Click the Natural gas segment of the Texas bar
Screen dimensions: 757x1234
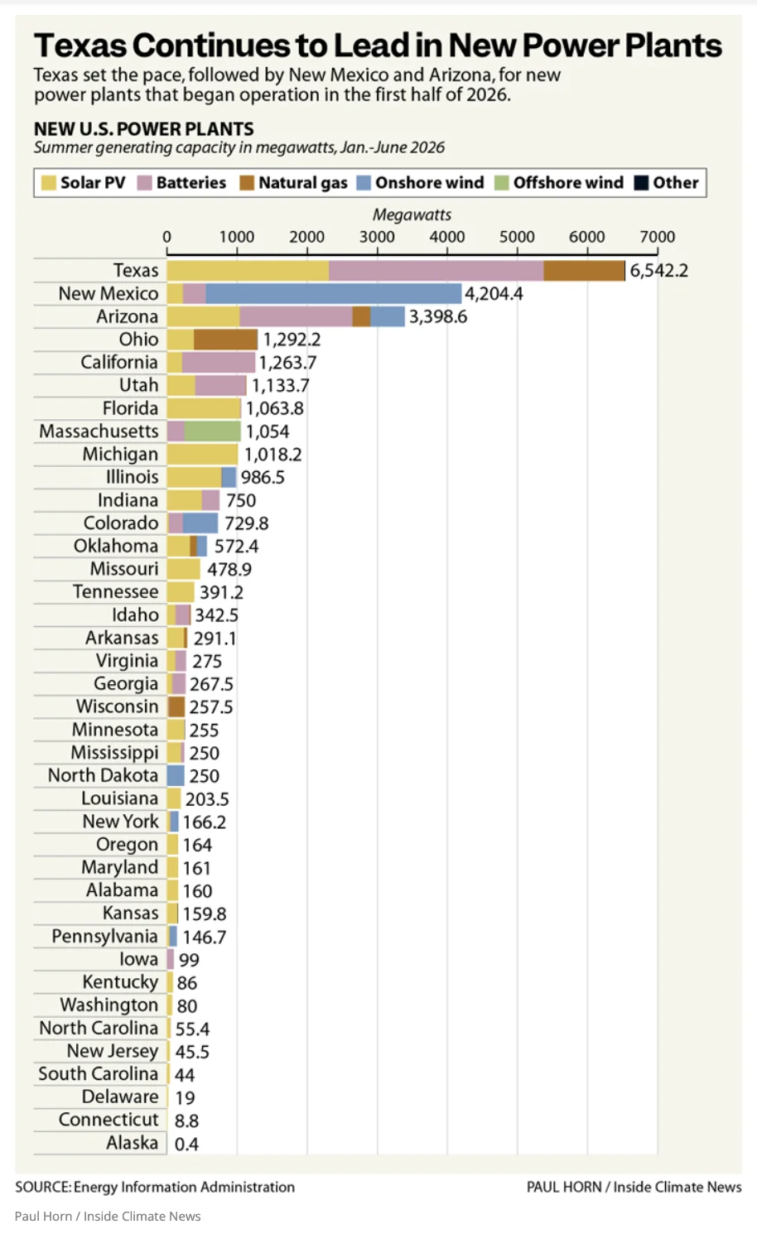(x=584, y=271)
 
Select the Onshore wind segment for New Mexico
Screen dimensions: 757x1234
(x=333, y=294)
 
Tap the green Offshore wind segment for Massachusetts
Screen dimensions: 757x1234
(x=212, y=431)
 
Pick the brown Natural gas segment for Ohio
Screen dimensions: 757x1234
(x=225, y=340)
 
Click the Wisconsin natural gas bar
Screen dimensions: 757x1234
(x=176, y=706)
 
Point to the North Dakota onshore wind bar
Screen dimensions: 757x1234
(x=176, y=775)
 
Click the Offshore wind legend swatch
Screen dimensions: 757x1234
(x=501, y=183)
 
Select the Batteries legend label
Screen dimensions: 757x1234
(x=191, y=183)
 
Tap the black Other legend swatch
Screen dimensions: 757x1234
(x=641, y=183)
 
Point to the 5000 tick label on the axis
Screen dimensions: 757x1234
(x=517, y=237)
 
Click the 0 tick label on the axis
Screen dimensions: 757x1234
(x=167, y=237)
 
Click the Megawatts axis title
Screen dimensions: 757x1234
(x=412, y=215)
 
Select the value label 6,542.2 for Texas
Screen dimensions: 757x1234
(x=659, y=271)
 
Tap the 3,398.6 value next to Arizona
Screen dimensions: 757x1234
(x=438, y=316)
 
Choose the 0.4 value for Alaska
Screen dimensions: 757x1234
(x=186, y=1145)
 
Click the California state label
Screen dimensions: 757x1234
(x=119, y=362)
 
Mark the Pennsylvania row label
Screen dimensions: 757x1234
(x=104, y=936)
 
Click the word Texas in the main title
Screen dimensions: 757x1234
(x=80, y=46)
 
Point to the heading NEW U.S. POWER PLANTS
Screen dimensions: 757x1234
(x=144, y=129)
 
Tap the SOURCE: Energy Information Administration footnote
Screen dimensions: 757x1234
(x=155, y=1187)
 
